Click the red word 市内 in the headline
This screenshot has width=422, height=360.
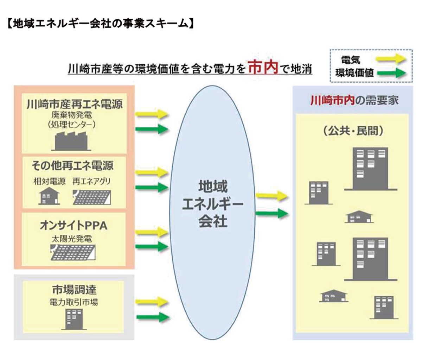262,67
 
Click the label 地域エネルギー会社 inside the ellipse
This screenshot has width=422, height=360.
212,204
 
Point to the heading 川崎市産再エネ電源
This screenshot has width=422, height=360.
75,104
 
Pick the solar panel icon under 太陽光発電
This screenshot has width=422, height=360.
73,252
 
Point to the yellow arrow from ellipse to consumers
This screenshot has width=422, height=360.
271,196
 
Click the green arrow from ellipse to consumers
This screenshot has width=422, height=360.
271,213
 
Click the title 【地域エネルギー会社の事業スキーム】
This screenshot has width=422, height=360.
100,24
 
